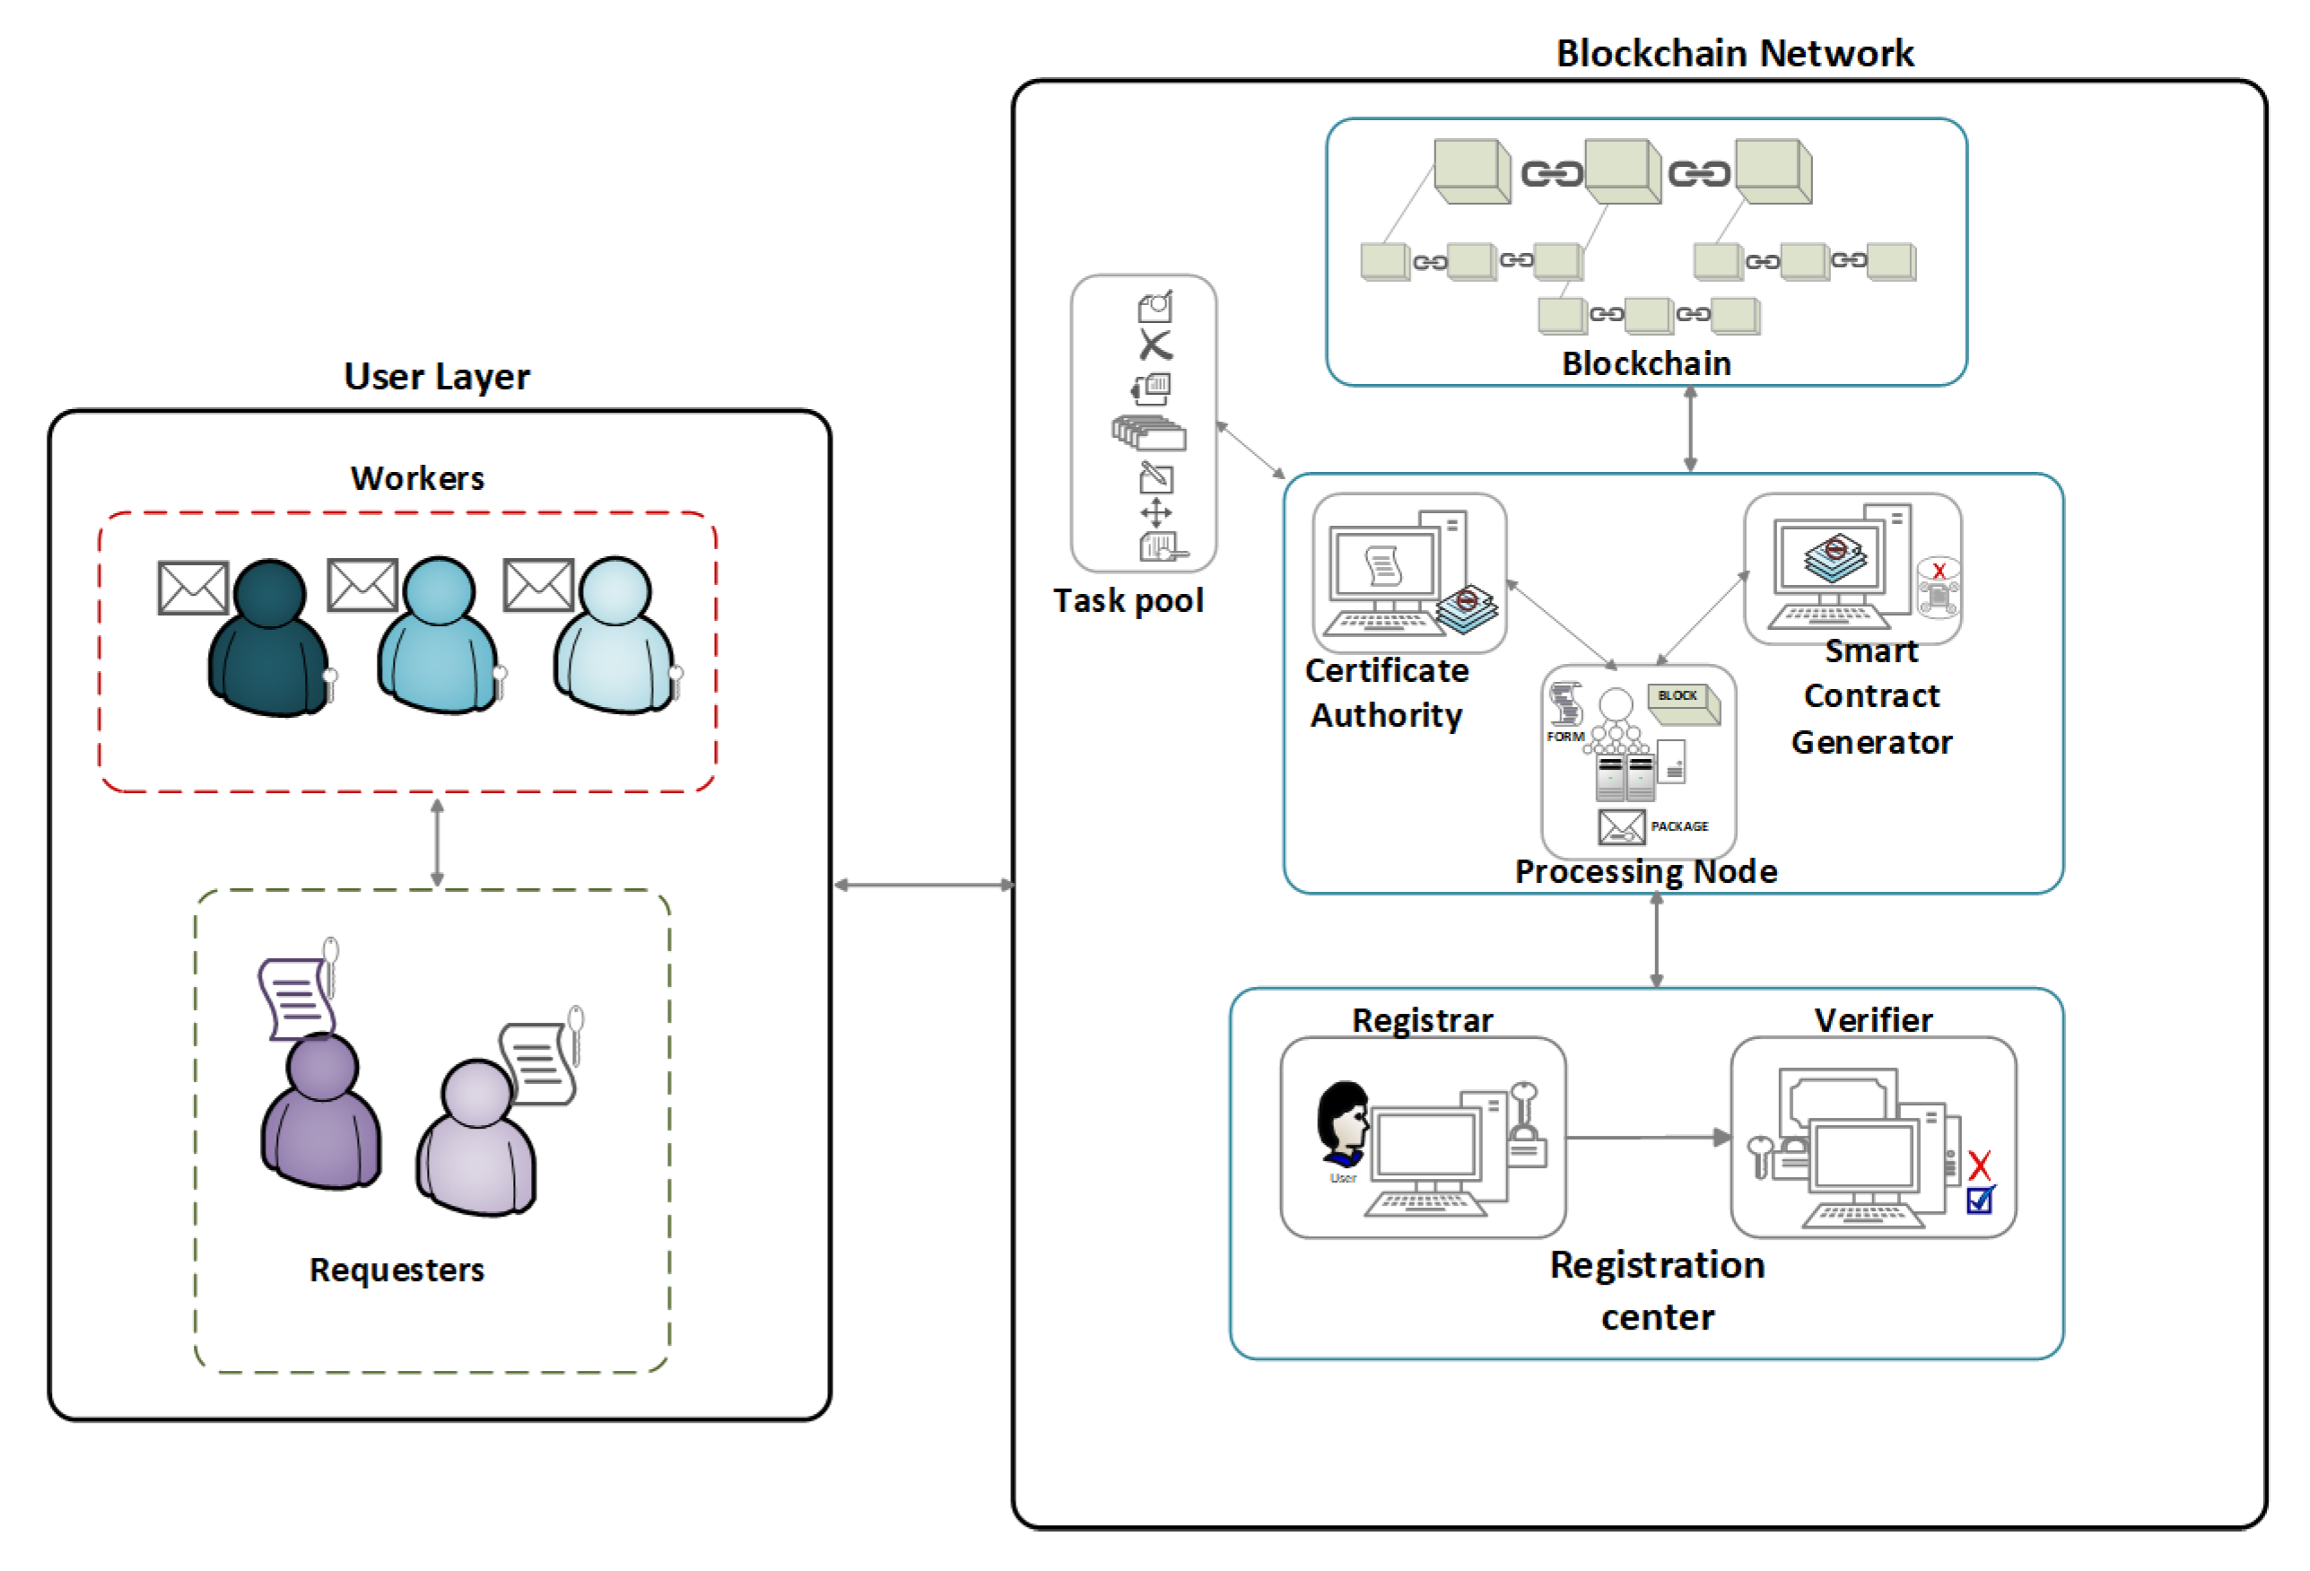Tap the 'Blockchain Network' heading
(1733, 53)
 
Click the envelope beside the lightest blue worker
(537, 585)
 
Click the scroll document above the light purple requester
(537, 1063)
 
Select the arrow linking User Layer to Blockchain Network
(922, 884)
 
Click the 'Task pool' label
(1129, 600)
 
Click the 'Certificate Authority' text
(1387, 693)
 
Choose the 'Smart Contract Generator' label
(1870, 696)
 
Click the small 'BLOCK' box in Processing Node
(1681, 699)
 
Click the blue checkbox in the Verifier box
(1979, 1200)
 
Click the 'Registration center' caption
(1657, 1289)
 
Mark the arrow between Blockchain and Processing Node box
(1690, 429)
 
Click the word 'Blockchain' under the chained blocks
(1646, 364)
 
